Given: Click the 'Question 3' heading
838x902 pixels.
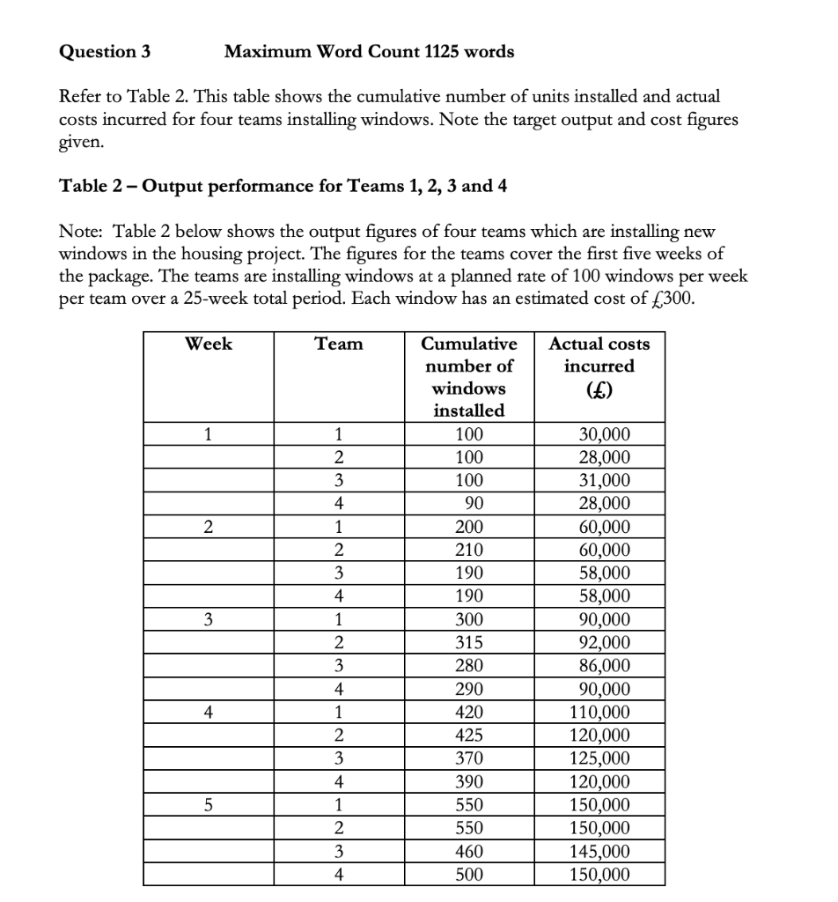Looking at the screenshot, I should pyautogui.click(x=104, y=51).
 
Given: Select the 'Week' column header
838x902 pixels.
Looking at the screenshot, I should pyautogui.click(x=208, y=344).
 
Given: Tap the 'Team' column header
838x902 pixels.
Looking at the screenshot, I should pyautogui.click(x=338, y=344).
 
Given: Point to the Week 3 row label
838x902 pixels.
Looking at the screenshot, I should pyautogui.click(x=208, y=620).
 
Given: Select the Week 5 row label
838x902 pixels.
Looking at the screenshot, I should pyautogui.click(x=208, y=805).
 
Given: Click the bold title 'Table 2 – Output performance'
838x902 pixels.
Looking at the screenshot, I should pyautogui.click(x=282, y=186).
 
